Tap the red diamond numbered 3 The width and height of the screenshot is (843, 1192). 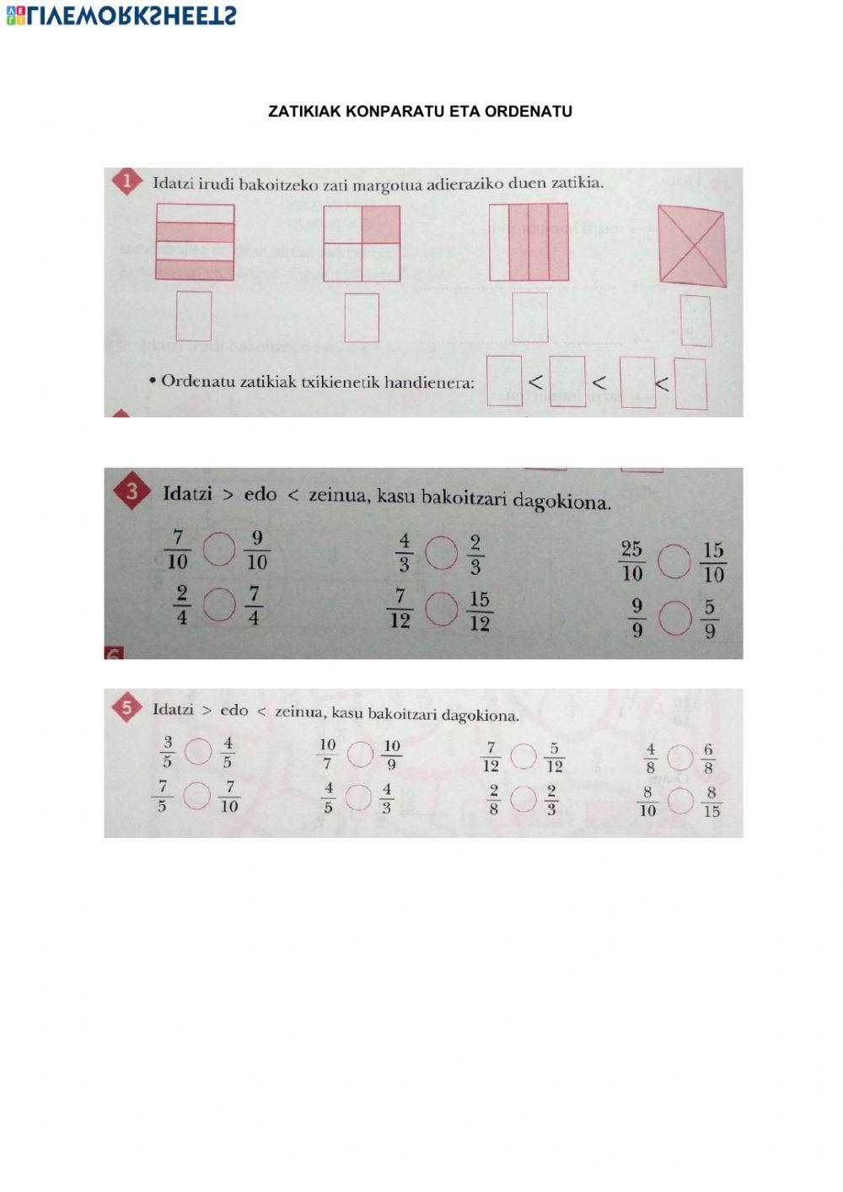[x=132, y=493]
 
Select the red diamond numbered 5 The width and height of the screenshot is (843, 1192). [x=127, y=708]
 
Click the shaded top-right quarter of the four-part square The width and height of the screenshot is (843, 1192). [x=381, y=224]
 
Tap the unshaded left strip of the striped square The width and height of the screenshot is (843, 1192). [x=499, y=242]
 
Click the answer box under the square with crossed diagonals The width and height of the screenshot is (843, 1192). [x=695, y=321]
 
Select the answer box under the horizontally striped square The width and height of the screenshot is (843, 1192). [x=194, y=316]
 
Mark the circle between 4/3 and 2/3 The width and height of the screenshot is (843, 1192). [x=441, y=554]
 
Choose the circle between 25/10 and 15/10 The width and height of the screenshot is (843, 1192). [x=674, y=562]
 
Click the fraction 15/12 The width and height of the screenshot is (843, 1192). [x=480, y=611]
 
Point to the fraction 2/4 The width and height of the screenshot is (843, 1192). [x=181, y=606]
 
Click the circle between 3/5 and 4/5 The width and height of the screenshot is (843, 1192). [x=198, y=751]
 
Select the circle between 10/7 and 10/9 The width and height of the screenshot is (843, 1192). [x=360, y=754]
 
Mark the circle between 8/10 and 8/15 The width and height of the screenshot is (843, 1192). [x=680, y=801]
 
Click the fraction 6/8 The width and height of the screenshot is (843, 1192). [x=708, y=759]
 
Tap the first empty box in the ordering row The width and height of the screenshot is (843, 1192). [x=504, y=380]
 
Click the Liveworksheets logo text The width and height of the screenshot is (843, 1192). [x=121, y=14]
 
